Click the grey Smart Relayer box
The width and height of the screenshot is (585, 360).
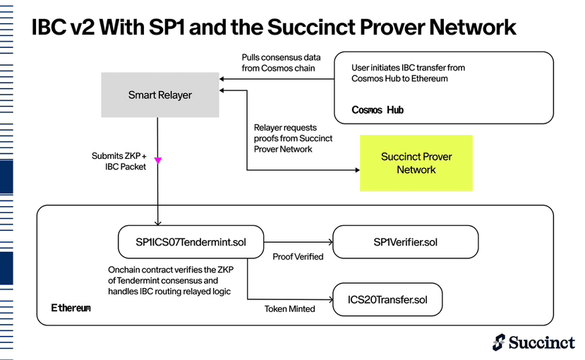[160, 95]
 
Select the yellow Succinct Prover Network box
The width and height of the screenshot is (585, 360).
[416, 163]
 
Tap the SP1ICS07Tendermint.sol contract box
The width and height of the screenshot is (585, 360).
[191, 241]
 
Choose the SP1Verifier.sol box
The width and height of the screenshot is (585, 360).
[405, 241]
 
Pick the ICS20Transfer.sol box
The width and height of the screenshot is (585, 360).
[387, 299]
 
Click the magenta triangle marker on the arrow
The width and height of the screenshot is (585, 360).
[158, 160]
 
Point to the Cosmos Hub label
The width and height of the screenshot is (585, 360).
[378, 109]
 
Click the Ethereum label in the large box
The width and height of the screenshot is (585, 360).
[71, 308]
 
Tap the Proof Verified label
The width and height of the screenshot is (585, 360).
[298, 257]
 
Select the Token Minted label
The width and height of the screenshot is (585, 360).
[289, 309]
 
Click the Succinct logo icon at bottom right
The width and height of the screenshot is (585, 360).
[499, 342]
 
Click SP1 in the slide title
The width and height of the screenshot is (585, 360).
[167, 27]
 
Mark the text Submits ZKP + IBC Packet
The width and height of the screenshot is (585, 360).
[119, 161]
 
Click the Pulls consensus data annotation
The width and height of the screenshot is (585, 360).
[281, 63]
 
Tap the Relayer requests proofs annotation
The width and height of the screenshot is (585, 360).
[293, 138]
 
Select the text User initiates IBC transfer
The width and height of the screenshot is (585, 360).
[408, 73]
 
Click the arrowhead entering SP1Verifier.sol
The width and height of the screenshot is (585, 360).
[330, 242]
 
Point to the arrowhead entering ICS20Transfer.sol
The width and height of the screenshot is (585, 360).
[330, 299]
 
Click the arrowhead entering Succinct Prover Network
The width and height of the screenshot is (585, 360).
[357, 170]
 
